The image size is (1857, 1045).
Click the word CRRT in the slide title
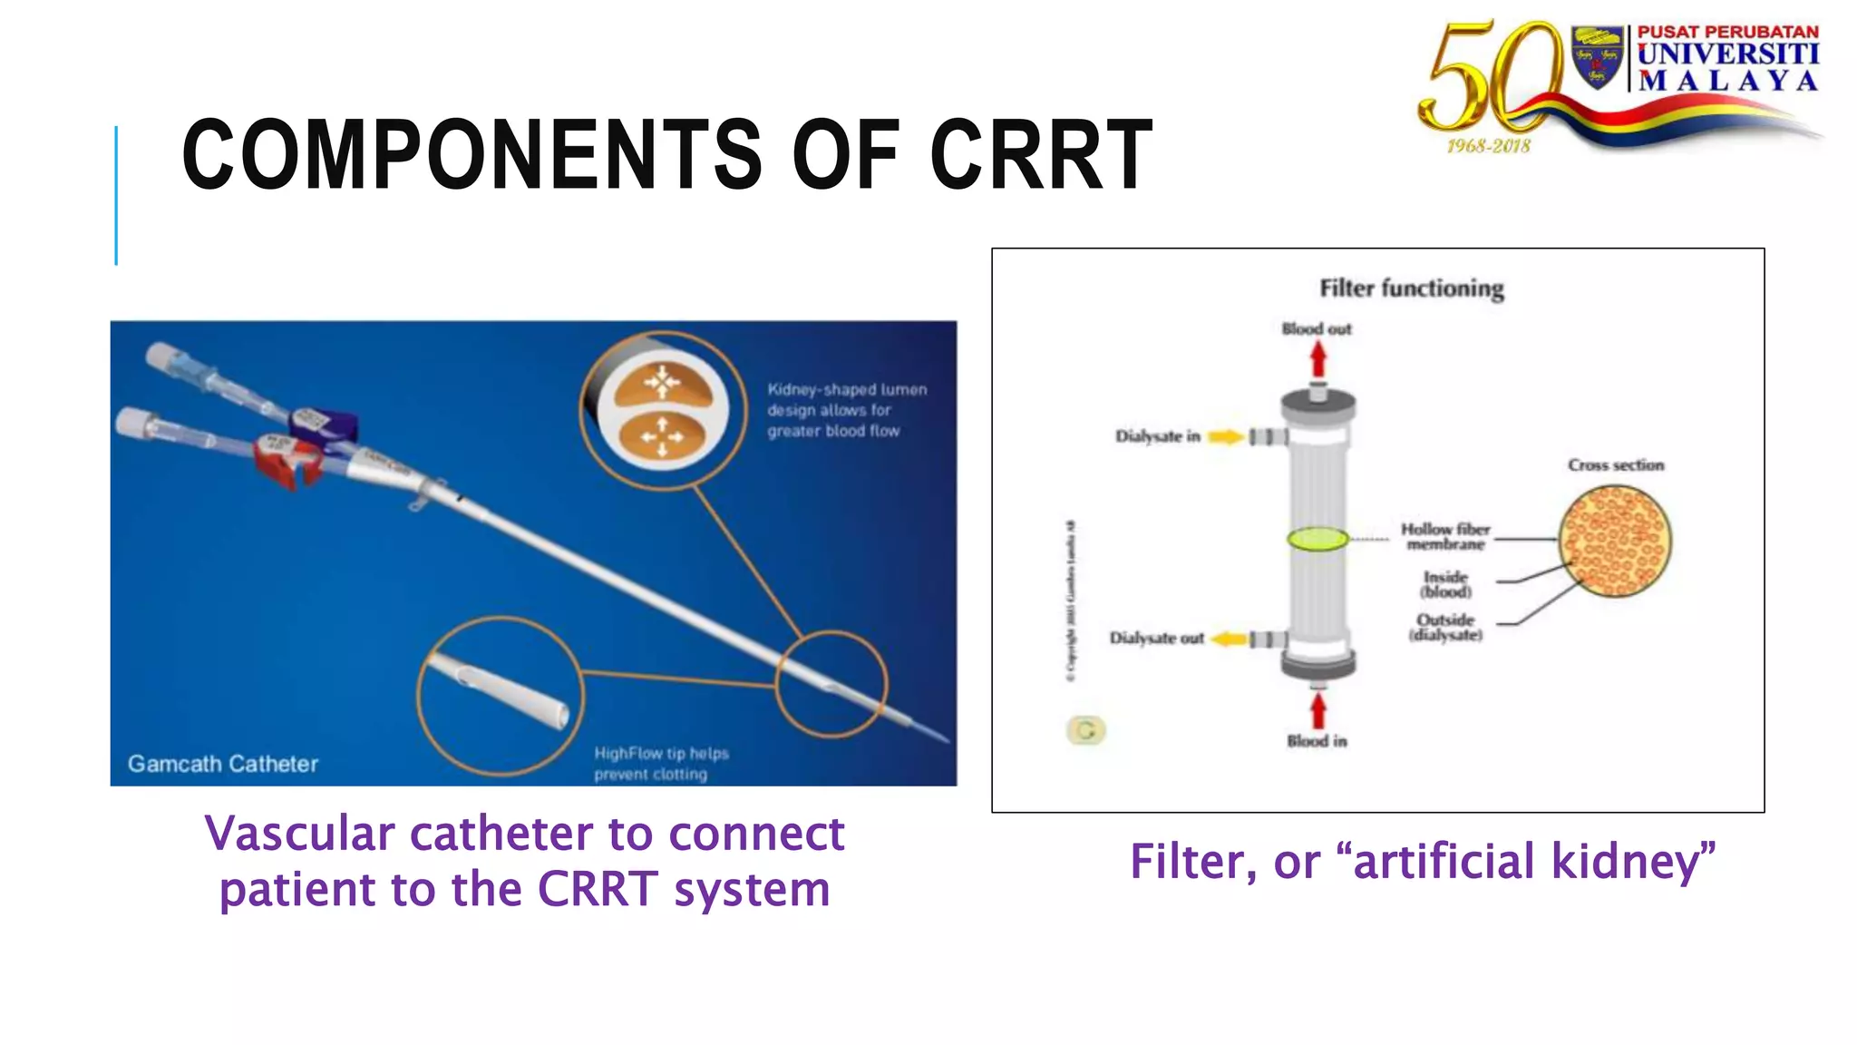(x=1041, y=156)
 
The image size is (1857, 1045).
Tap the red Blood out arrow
(x=1318, y=361)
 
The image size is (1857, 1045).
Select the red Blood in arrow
(x=1318, y=709)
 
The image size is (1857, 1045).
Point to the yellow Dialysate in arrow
(x=1225, y=437)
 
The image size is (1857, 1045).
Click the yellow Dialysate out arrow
(x=1229, y=640)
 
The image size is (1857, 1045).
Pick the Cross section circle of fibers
(x=1615, y=542)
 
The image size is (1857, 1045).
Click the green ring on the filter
(x=1317, y=539)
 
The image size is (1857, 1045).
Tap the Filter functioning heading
(x=1411, y=288)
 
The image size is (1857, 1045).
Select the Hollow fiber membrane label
(x=1445, y=536)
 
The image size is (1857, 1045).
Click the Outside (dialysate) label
(x=1445, y=627)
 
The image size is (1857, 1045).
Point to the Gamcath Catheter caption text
(x=223, y=764)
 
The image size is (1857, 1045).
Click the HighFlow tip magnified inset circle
(x=501, y=696)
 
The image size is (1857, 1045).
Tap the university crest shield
(x=1597, y=56)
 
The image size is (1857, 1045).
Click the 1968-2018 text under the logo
(x=1488, y=146)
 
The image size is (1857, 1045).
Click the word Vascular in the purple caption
(x=299, y=834)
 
